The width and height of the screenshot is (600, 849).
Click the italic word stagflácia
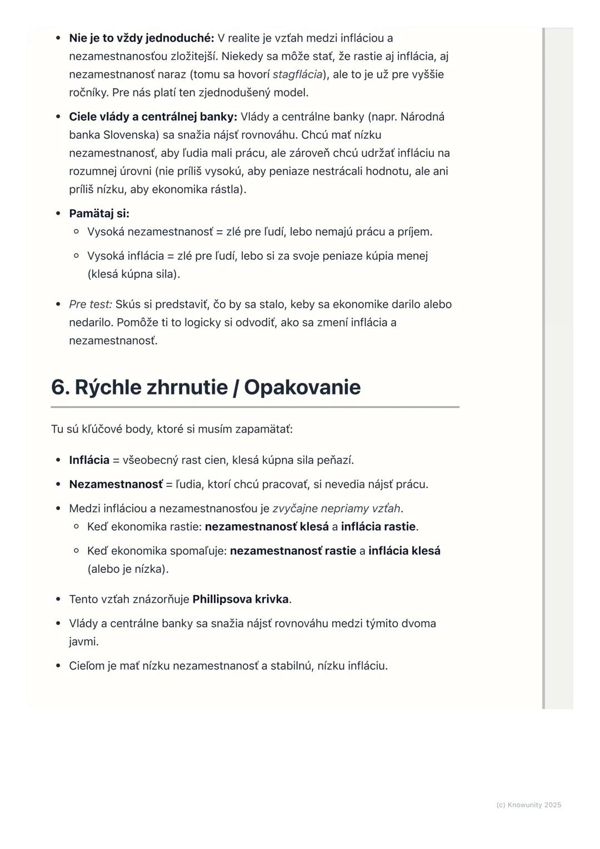coord(297,74)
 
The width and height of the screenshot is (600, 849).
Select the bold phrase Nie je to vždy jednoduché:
coord(141,38)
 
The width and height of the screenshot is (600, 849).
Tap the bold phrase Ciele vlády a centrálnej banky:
coord(153,117)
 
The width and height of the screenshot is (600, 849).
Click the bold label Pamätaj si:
coord(99,214)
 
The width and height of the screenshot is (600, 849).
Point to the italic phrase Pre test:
coord(91,304)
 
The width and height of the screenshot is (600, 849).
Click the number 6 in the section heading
coord(58,387)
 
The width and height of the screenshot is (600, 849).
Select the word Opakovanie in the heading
coord(302,387)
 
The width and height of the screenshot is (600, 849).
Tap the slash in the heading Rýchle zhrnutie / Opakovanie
coord(236,387)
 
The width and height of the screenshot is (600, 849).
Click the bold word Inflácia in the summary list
coord(89,461)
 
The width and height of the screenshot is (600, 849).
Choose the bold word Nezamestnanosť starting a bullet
coord(116,485)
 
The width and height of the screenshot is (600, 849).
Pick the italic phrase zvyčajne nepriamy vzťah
coord(336,508)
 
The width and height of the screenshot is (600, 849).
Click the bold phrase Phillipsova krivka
coord(240,600)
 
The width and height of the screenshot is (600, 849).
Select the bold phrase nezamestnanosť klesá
coord(267,527)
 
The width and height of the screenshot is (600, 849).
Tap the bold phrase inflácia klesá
coord(404,551)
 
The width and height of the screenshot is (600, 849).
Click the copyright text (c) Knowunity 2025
coord(528,805)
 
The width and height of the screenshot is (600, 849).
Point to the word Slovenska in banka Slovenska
coord(131,135)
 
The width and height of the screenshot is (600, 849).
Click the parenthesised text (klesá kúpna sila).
coord(133,274)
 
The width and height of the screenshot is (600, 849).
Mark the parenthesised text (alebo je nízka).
coord(128,570)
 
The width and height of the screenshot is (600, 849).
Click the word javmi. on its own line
coord(84,642)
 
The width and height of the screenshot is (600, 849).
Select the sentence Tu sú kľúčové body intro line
coord(172,430)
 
